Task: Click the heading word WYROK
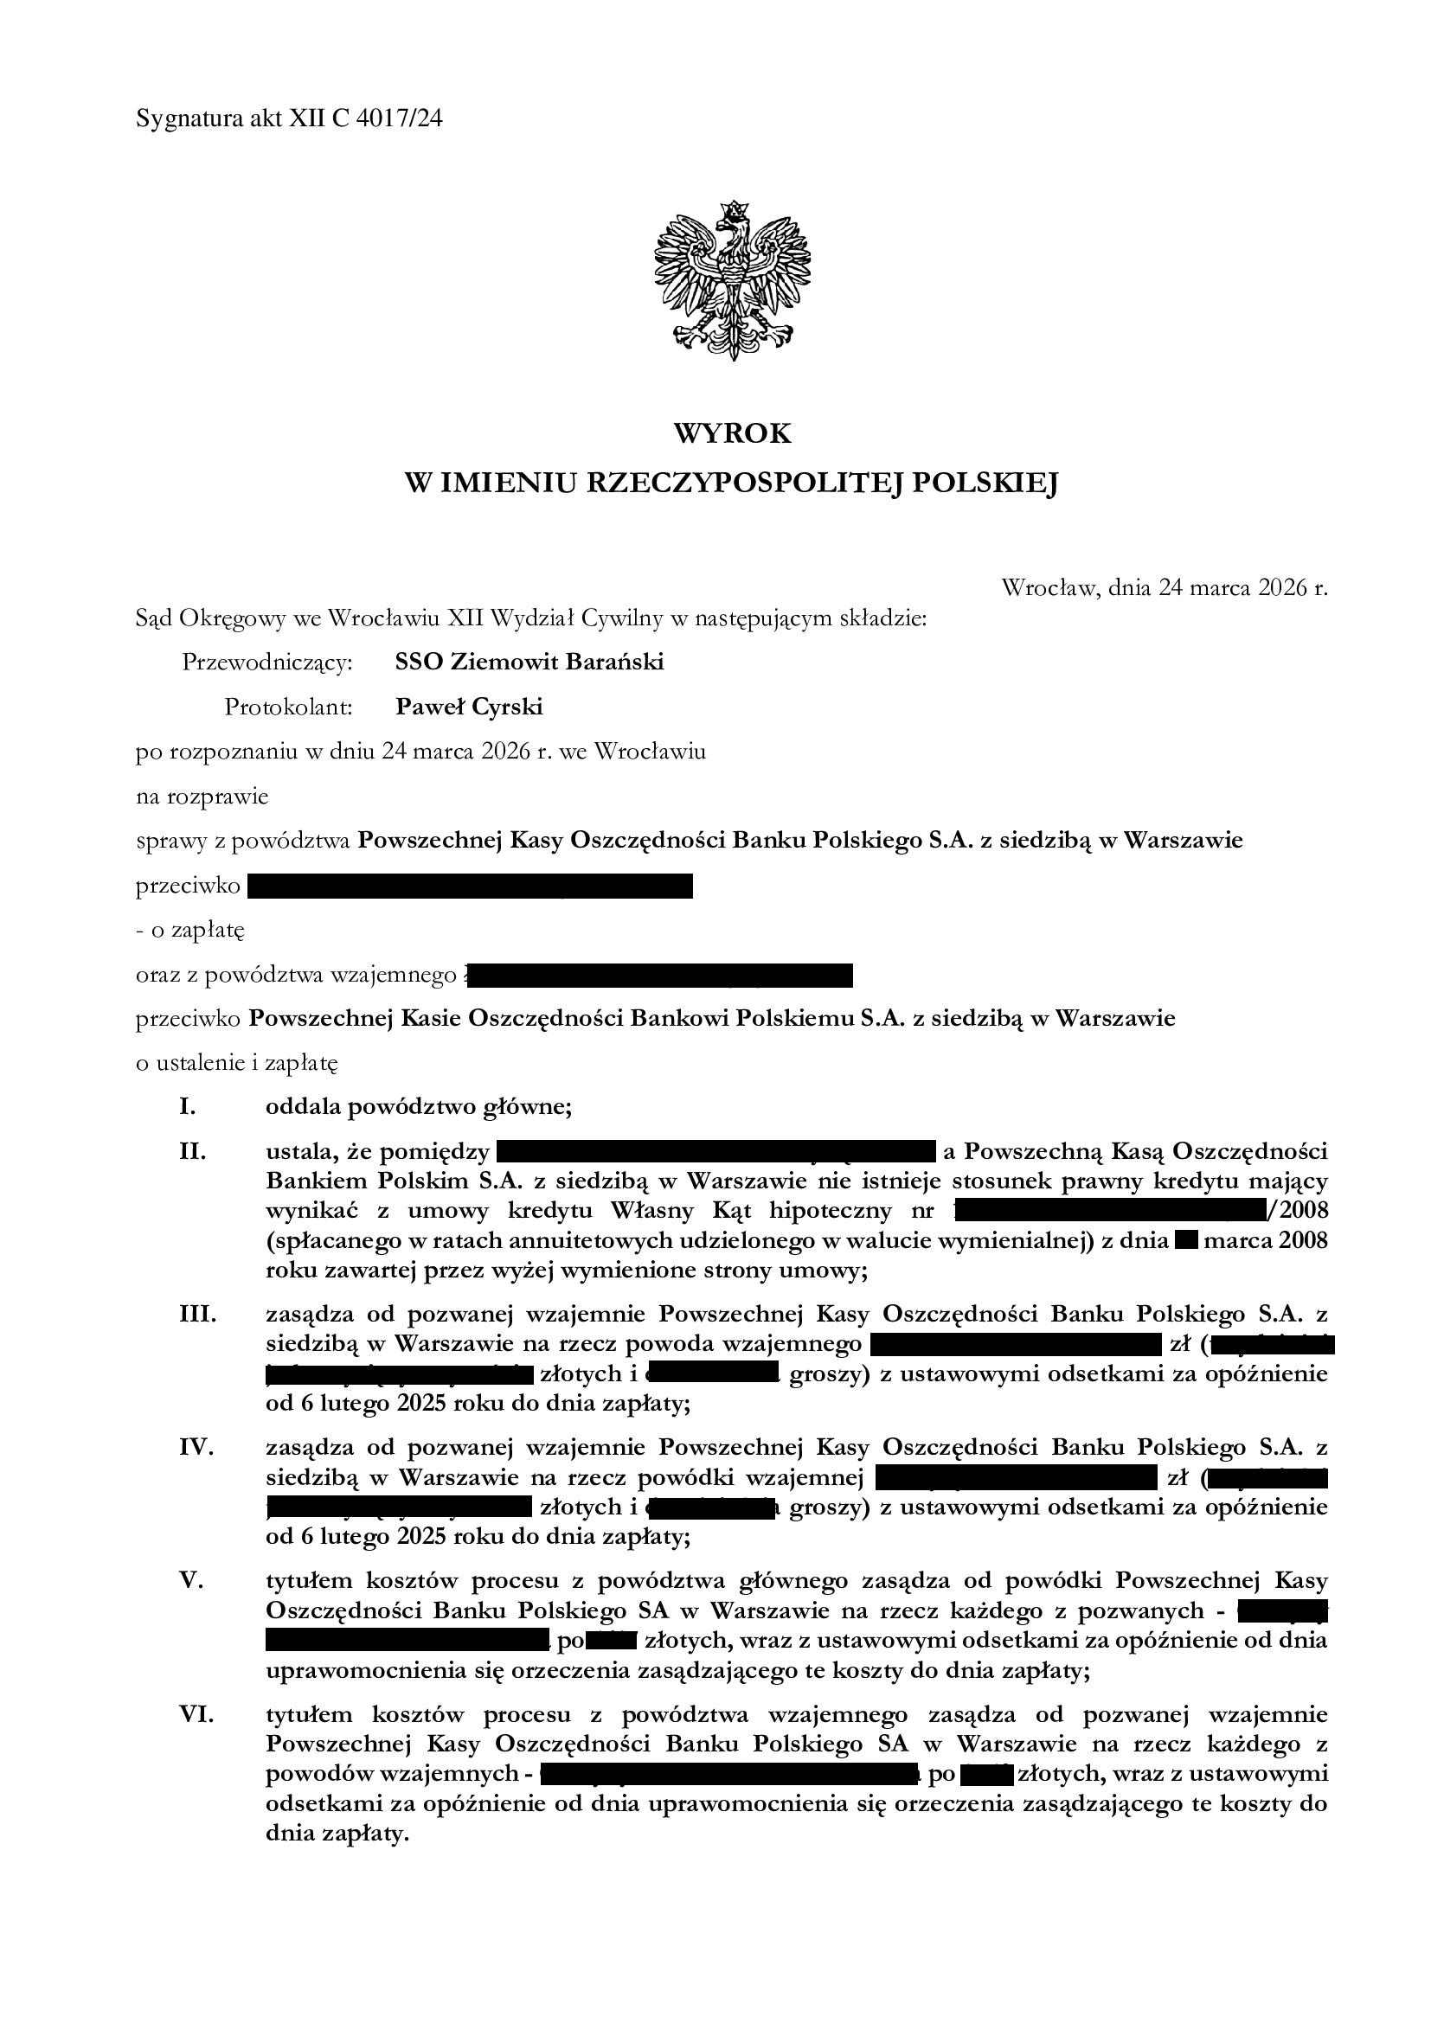[x=732, y=433]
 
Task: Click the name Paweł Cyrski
[x=469, y=707]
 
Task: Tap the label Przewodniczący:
[x=267, y=663]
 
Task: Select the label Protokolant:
[x=288, y=707]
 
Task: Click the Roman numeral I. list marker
[x=187, y=1108]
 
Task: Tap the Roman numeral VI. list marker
[x=197, y=1716]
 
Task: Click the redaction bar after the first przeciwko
[x=470, y=886]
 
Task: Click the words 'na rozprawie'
[x=202, y=797]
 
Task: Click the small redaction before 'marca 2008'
[x=1185, y=1242]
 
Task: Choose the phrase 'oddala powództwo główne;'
[x=419, y=1108]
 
